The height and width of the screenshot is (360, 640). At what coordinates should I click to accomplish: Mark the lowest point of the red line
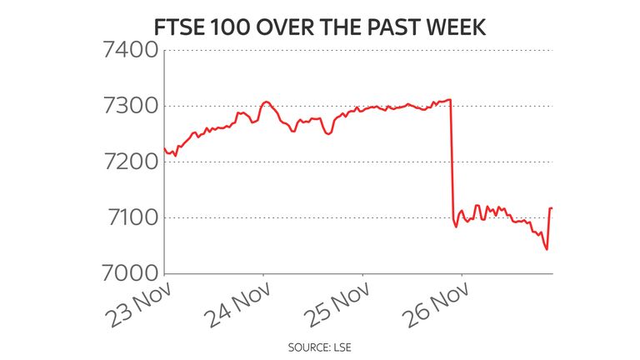(547, 249)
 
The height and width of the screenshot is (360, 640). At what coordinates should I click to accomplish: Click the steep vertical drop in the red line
(452, 158)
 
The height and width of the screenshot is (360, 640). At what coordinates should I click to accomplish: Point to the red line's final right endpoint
(552, 208)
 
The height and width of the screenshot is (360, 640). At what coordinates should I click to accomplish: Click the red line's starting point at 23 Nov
(165, 148)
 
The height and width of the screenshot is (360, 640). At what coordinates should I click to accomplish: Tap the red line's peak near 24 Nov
(265, 102)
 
